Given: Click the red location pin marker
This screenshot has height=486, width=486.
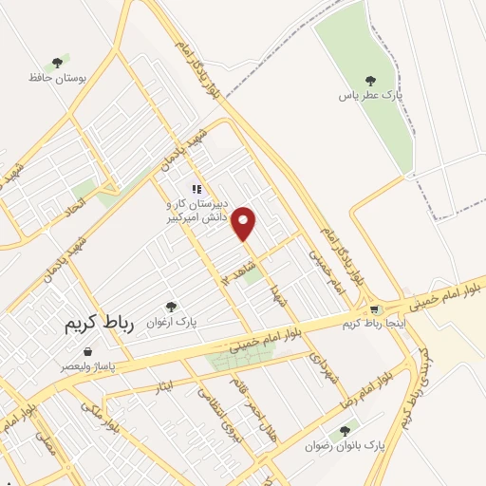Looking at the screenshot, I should coord(245,223).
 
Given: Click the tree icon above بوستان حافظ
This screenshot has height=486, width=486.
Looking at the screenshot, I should coord(57,63).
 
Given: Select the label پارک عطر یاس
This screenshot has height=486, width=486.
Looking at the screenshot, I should coord(370,98).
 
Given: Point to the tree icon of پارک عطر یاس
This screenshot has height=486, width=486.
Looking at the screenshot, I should coord(370,82).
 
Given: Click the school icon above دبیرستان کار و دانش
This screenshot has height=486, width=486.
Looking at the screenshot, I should coord(196,188).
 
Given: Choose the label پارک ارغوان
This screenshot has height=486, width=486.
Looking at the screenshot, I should coord(171,322).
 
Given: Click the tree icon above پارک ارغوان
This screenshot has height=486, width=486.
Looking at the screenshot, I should coord(171,307).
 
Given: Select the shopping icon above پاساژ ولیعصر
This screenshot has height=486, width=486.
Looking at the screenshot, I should coord(88,351).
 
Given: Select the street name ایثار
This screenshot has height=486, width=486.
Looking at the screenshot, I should coord(163,384).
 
